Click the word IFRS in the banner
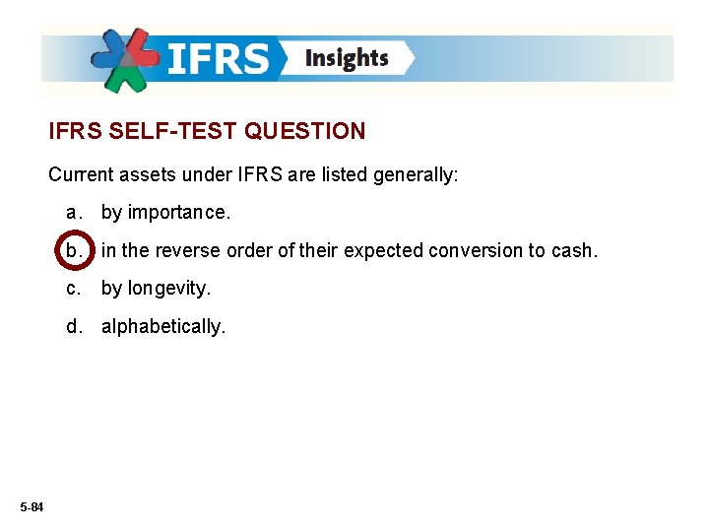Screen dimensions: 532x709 (219, 59)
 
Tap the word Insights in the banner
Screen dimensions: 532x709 (347, 58)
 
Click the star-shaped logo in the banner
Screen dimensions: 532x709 (126, 60)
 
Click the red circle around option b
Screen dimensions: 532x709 (74, 250)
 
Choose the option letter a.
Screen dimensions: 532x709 (72, 212)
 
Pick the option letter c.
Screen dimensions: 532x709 (72, 289)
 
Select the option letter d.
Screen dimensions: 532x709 (72, 326)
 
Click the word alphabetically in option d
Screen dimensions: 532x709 (162, 326)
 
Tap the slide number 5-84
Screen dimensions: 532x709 (31, 506)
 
